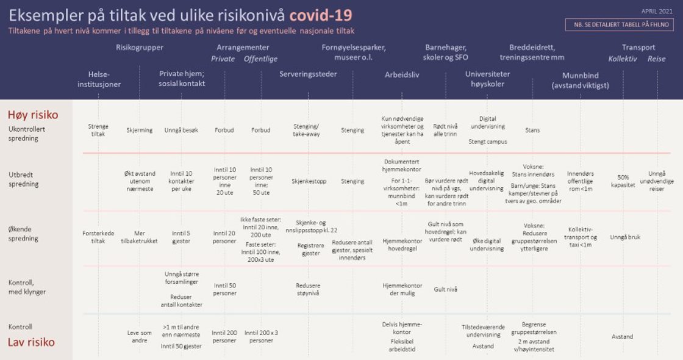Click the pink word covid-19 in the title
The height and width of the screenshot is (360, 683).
pos(320,15)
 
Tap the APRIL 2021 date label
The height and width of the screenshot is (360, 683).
pos(656,11)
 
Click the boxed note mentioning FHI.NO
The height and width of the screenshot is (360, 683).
pos(619,25)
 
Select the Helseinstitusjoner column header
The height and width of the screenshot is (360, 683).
pos(98,79)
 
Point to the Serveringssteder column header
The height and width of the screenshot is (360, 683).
pos(308,74)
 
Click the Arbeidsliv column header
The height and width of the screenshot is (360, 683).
pos(402,74)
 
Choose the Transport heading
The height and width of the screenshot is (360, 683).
pos(638,48)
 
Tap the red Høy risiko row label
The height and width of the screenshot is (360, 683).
pos(33,115)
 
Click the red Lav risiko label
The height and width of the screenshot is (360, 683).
pos(31,342)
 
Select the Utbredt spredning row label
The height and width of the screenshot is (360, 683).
pos(24,179)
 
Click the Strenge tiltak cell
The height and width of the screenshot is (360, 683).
pos(98,130)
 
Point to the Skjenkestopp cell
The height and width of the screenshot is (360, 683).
pos(309,181)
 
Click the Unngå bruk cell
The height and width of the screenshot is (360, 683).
pos(625,237)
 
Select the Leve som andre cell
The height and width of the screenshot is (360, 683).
pos(140,337)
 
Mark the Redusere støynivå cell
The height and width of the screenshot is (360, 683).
pos(308,289)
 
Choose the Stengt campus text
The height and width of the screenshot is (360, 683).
pos(488,142)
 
